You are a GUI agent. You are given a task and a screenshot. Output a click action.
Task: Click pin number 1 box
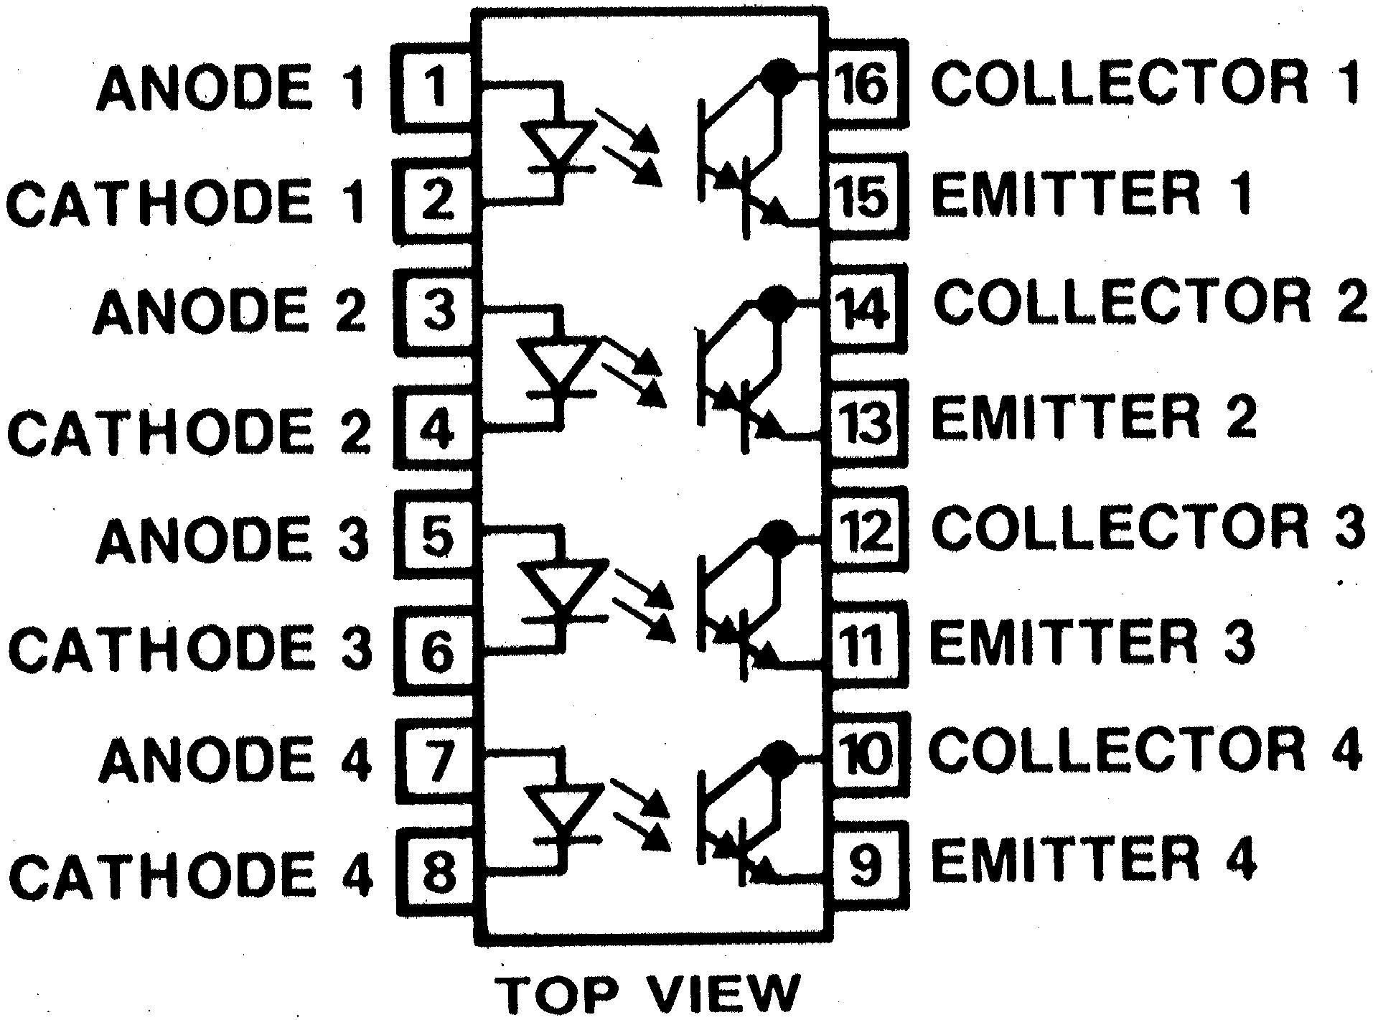coord(434,87)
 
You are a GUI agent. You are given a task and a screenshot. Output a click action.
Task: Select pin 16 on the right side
coord(866,84)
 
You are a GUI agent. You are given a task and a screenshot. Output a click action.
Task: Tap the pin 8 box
coord(436,870)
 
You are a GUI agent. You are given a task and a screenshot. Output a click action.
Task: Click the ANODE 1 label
coord(230,88)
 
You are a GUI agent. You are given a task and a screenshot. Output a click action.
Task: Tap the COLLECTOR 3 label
coord(1148,528)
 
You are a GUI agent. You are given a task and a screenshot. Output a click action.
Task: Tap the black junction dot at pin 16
coord(777,75)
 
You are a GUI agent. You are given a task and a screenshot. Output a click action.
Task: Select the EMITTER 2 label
coord(1093,417)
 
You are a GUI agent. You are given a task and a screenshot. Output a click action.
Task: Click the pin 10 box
coord(866,753)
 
